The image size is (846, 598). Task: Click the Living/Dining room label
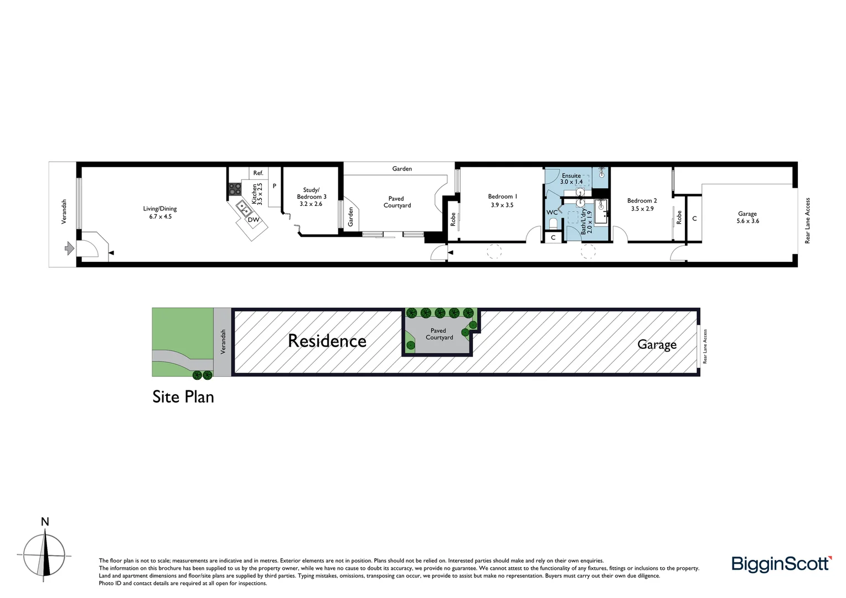[x=160, y=209]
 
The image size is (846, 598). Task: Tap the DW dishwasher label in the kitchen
[x=253, y=220]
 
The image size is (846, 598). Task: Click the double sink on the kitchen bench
[x=243, y=208]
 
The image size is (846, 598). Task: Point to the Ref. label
[x=258, y=173]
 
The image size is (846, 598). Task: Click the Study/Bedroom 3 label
[x=311, y=193]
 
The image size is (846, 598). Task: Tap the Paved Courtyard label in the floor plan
[x=397, y=202]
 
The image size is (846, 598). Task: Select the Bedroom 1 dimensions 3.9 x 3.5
[x=502, y=205]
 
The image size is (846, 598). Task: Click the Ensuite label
[x=571, y=176]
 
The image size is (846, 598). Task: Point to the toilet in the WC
[x=553, y=223]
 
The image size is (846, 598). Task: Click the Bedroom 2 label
[x=642, y=200]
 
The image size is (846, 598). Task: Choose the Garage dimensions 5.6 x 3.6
[x=747, y=221]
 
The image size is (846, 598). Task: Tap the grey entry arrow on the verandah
[x=69, y=248]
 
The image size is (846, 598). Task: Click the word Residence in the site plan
[x=327, y=341]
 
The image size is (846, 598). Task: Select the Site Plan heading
[x=183, y=397]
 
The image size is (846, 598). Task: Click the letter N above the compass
[x=45, y=522]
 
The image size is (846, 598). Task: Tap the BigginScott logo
[x=781, y=564]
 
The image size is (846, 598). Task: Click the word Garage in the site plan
[x=657, y=344]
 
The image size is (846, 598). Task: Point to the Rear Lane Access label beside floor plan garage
[x=807, y=220]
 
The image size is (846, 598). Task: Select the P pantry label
[x=274, y=186]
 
